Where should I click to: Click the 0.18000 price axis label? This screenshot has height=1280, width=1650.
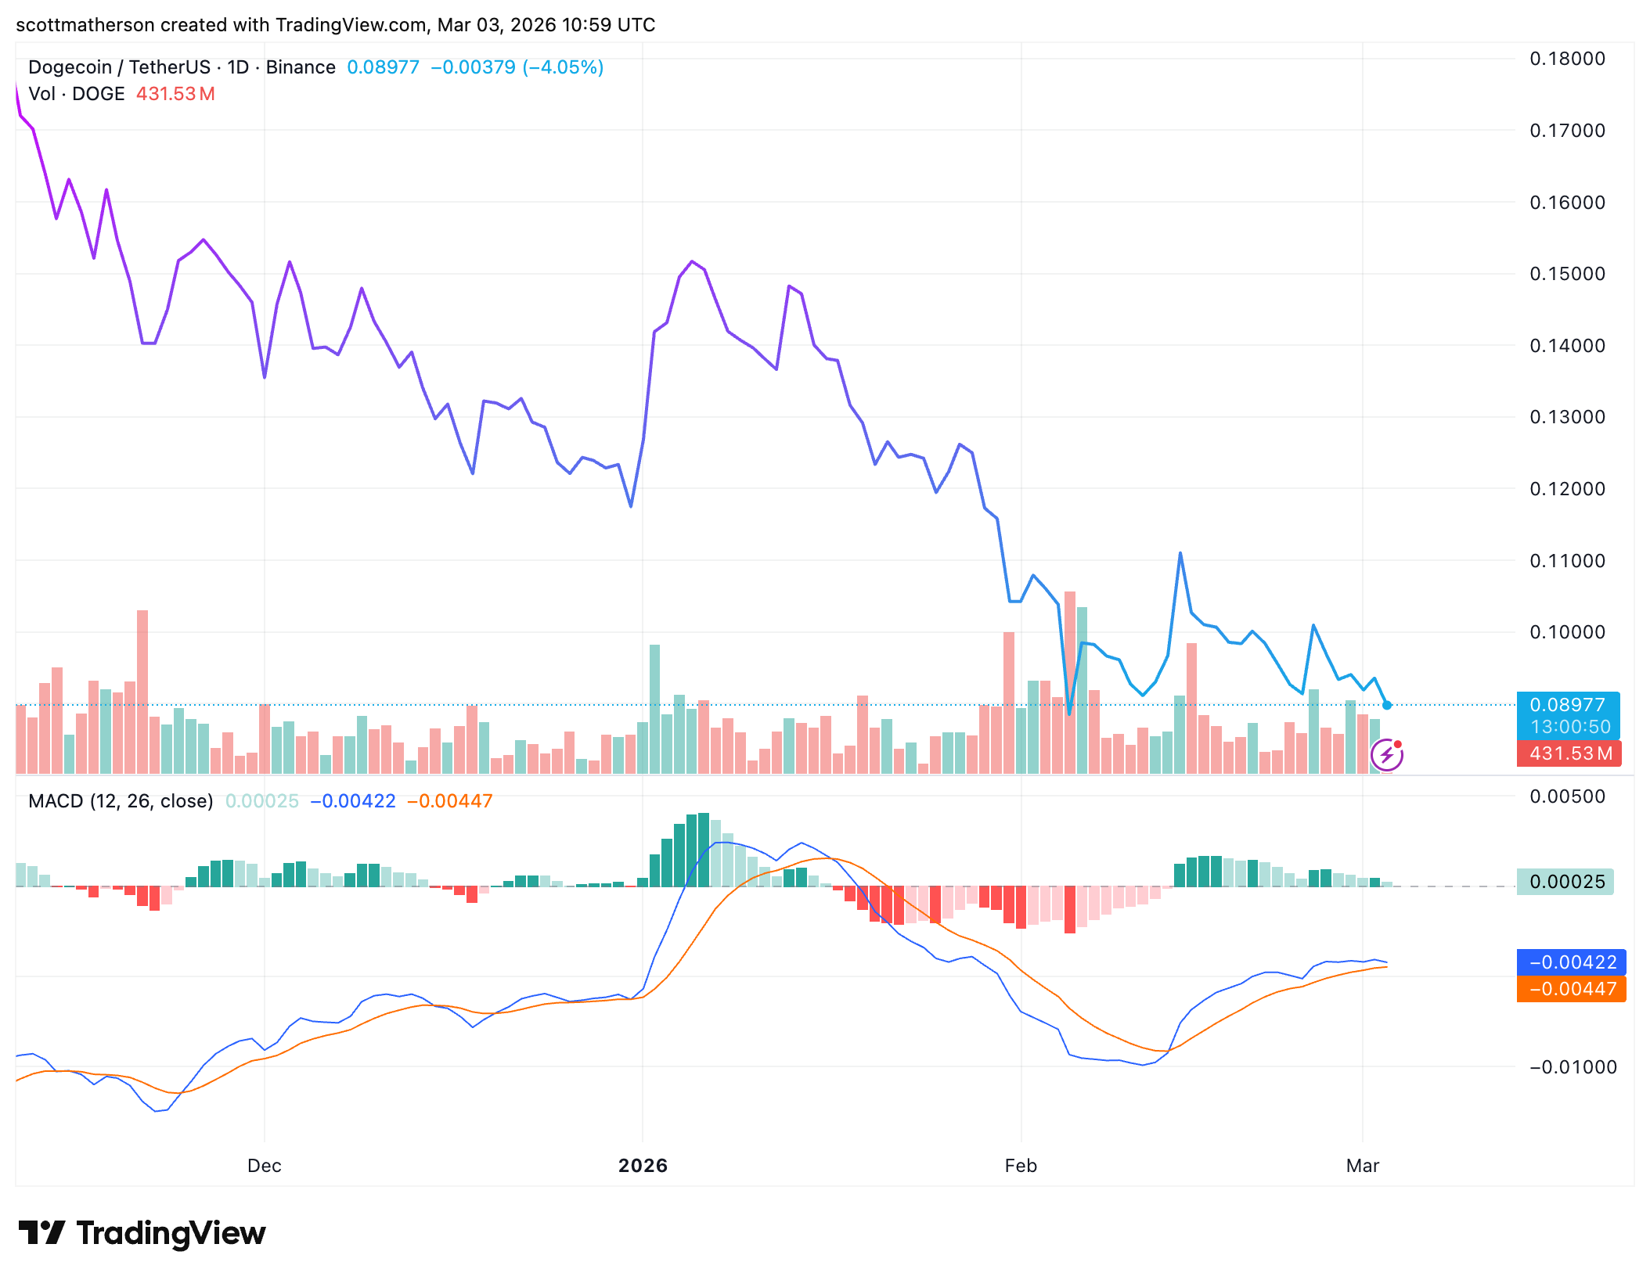pyautogui.click(x=1567, y=59)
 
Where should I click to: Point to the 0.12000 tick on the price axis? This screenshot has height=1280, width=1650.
pyautogui.click(x=1567, y=489)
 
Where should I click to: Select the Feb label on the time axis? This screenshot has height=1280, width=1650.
pyautogui.click(x=1021, y=1166)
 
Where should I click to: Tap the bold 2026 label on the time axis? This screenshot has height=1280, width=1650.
pyautogui.click(x=643, y=1166)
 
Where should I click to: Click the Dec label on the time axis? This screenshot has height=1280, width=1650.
pyautogui.click(x=265, y=1166)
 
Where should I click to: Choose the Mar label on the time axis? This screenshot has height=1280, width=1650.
pyautogui.click(x=1362, y=1166)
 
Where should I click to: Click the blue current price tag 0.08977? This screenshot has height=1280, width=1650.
pyautogui.click(x=1567, y=705)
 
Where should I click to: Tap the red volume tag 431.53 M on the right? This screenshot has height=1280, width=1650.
pyautogui.click(x=1570, y=753)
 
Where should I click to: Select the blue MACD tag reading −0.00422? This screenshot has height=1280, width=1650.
pyautogui.click(x=1572, y=962)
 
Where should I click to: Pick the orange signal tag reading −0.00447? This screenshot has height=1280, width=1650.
pyautogui.click(x=1572, y=989)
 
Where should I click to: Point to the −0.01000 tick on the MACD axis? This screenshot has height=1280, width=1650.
pyautogui.click(x=1572, y=1067)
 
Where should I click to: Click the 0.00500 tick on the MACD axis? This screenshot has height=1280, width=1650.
pyautogui.click(x=1567, y=796)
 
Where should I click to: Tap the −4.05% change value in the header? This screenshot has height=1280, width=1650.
pyautogui.click(x=563, y=67)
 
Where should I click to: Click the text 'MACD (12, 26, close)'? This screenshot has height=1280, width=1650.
pyautogui.click(x=121, y=801)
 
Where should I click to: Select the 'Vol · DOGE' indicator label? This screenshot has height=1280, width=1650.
pyautogui.click(x=77, y=94)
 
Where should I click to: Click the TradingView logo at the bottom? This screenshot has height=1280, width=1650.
pyautogui.click(x=142, y=1233)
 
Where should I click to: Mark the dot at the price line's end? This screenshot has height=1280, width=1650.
pyautogui.click(x=1387, y=705)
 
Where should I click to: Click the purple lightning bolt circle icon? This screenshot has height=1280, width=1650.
pyautogui.click(x=1387, y=755)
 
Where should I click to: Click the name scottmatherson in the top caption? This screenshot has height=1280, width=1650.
pyautogui.click(x=85, y=25)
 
